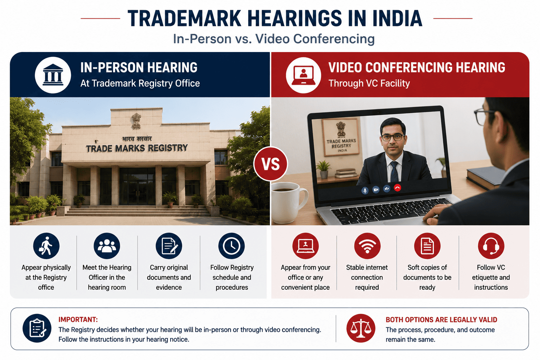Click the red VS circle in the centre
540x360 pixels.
(x=270, y=164)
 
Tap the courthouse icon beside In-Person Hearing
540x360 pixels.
(x=53, y=75)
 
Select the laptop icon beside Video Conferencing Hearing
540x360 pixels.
(x=303, y=75)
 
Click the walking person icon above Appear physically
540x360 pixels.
(x=46, y=246)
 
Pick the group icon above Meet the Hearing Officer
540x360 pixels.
(x=107, y=246)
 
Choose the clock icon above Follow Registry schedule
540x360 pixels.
(x=231, y=246)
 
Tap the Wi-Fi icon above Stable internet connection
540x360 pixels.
(x=367, y=246)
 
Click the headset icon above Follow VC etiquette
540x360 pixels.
(x=491, y=246)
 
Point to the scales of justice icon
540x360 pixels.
(x=361, y=328)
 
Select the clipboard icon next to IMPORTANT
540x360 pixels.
(x=37, y=328)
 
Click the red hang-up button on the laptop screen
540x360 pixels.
(x=397, y=188)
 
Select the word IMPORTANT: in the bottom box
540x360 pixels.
(x=78, y=320)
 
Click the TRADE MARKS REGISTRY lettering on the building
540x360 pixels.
(x=137, y=148)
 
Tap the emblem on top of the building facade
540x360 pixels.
(x=136, y=121)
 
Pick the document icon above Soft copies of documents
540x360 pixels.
(x=427, y=246)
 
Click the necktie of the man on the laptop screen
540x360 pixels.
(x=394, y=172)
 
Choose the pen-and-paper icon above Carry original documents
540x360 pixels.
(x=169, y=246)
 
